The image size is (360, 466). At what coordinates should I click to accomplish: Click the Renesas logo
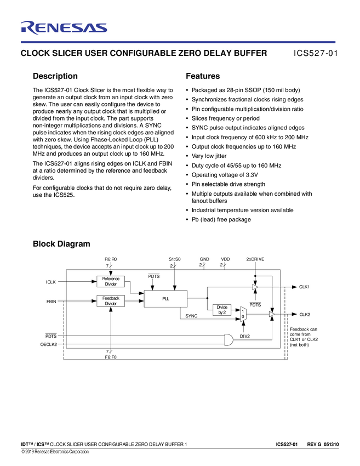(x=64, y=28)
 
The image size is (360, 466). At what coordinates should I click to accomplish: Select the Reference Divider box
(x=111, y=281)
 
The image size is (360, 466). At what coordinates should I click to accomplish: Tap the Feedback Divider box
(x=111, y=301)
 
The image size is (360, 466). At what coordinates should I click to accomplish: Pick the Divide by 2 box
(x=221, y=310)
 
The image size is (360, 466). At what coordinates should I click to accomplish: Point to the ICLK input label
(x=51, y=282)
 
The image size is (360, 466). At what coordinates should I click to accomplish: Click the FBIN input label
(x=51, y=301)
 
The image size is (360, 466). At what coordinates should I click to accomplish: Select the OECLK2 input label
(x=49, y=344)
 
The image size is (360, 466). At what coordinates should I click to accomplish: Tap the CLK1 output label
(x=305, y=287)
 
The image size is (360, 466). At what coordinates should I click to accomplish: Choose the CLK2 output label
(x=305, y=314)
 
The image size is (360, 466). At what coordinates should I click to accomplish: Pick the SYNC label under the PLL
(x=191, y=316)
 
